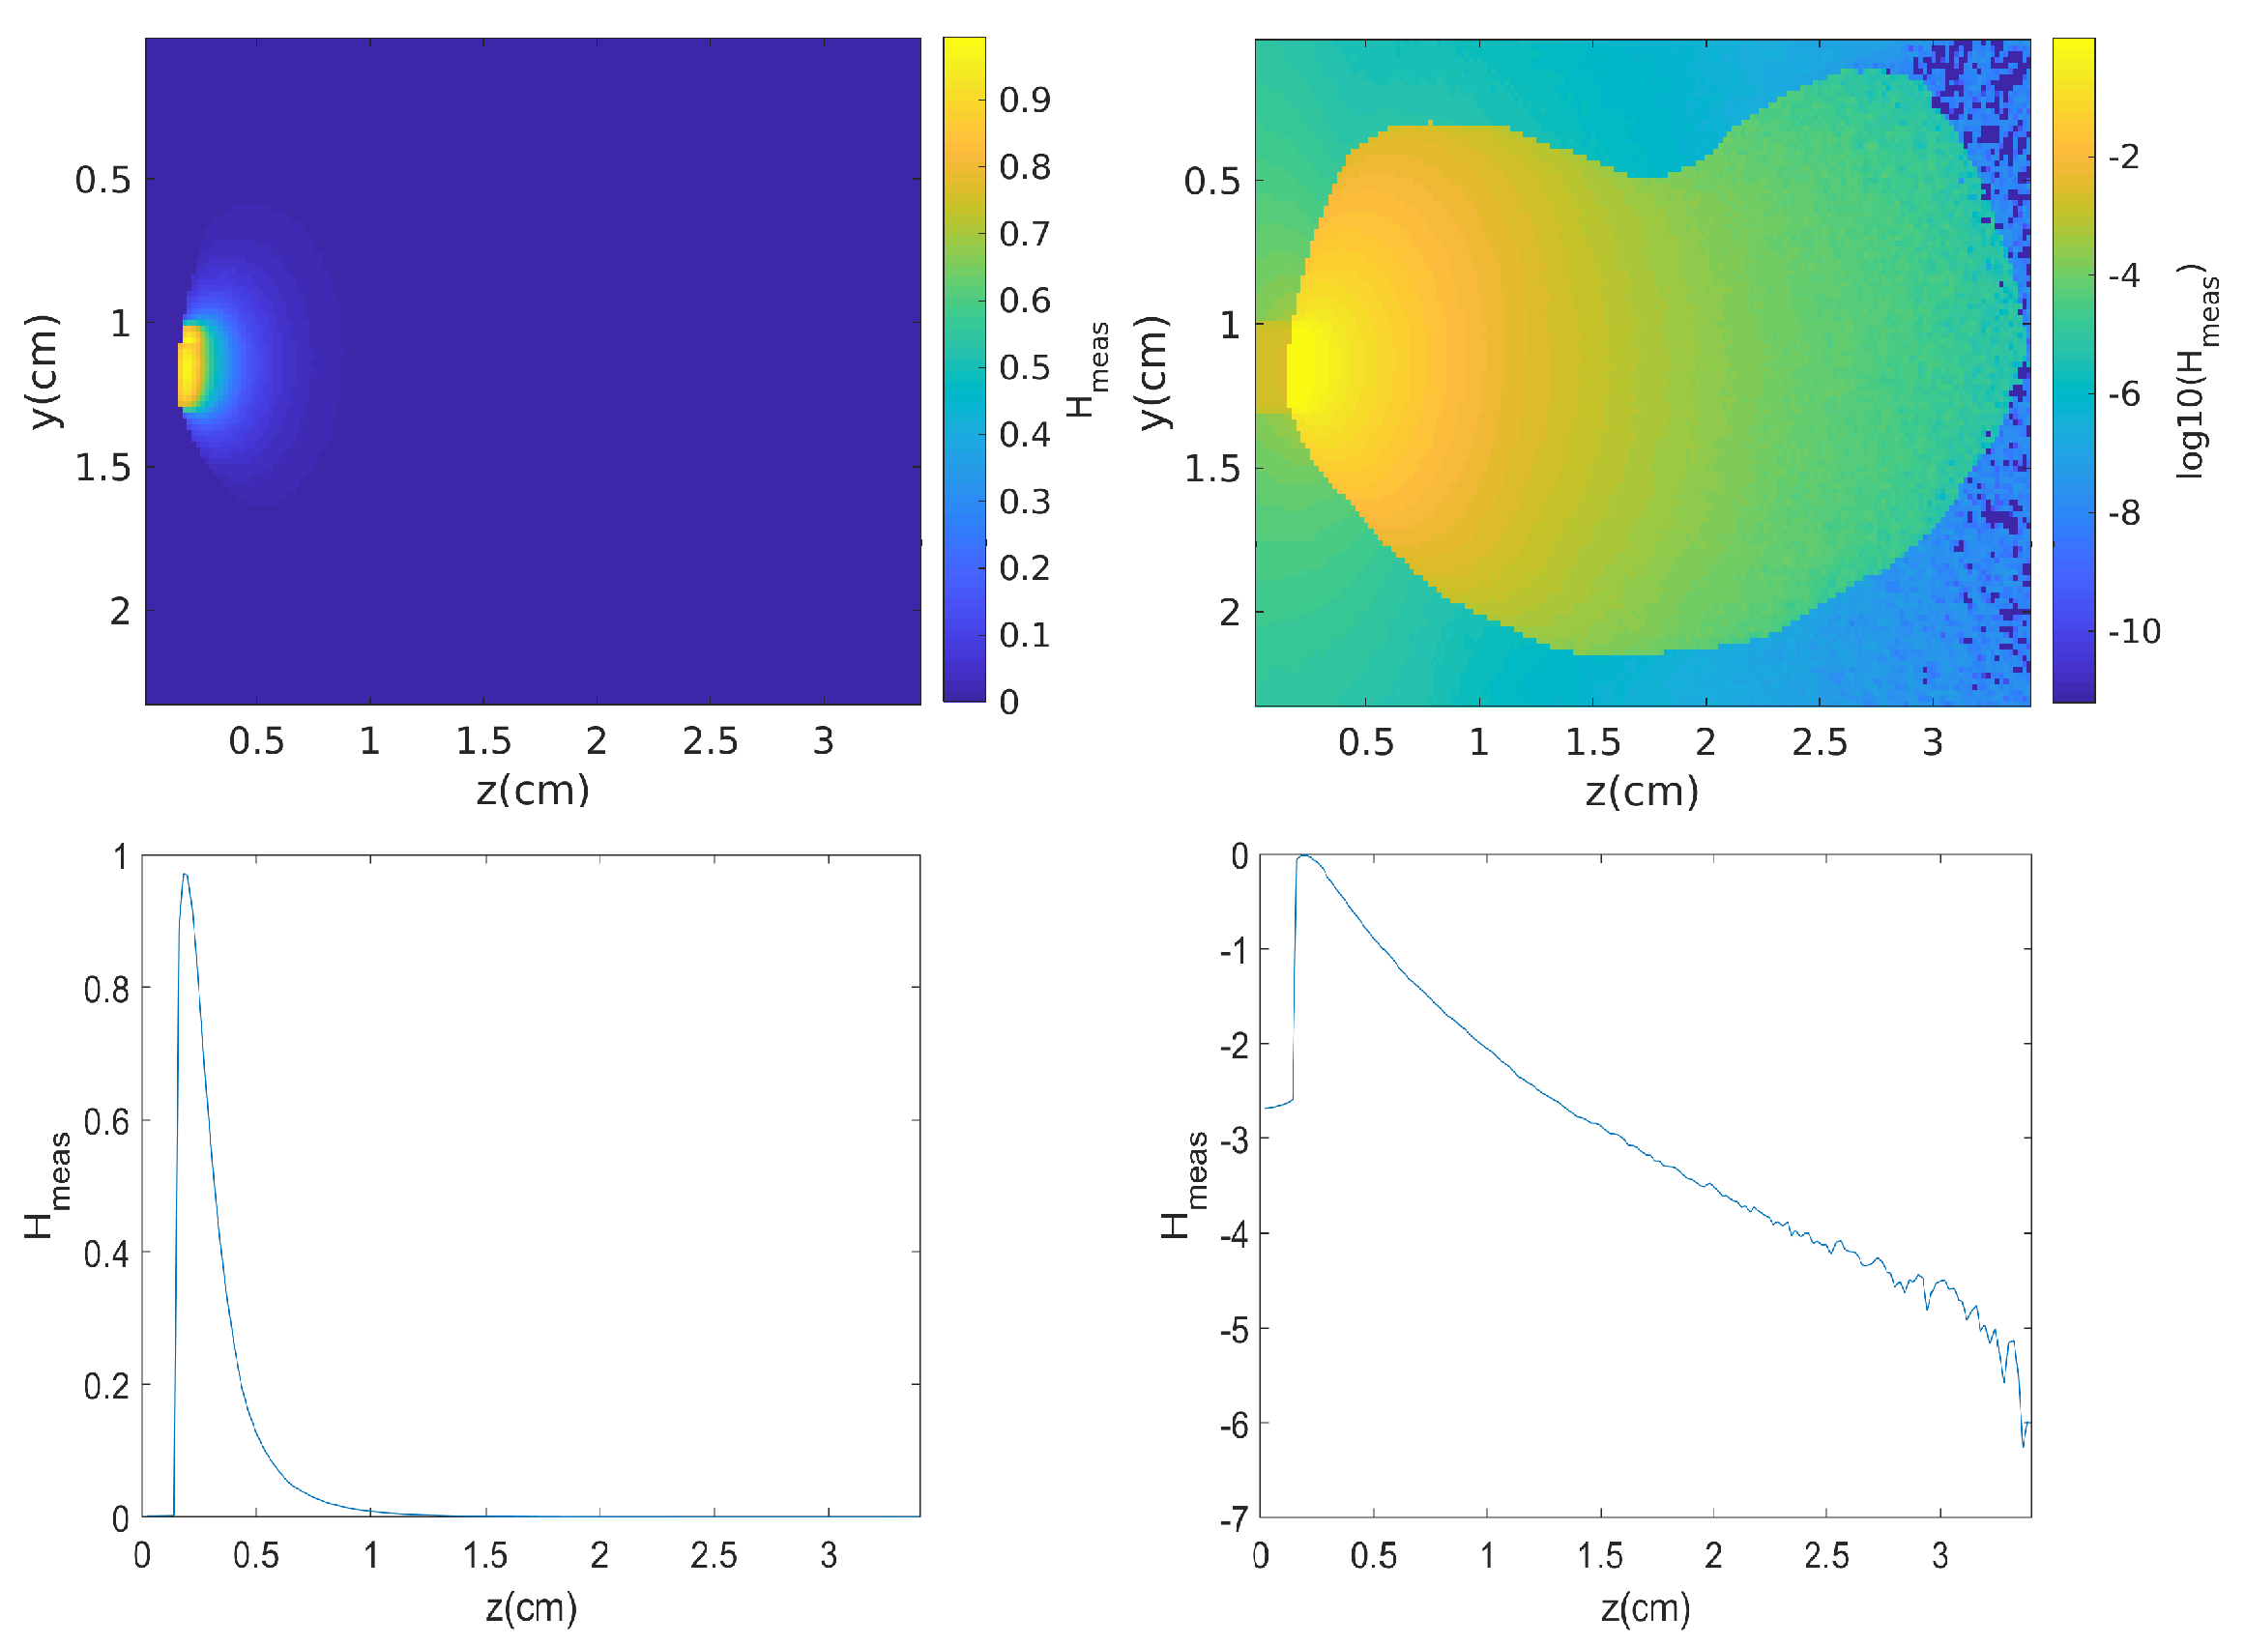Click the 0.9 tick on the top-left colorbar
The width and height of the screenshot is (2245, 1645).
tap(1025, 100)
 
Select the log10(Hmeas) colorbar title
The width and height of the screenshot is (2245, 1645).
tap(2197, 370)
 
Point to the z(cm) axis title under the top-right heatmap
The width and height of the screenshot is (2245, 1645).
tap(1642, 792)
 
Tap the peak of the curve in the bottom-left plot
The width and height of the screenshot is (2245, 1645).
tap(185, 876)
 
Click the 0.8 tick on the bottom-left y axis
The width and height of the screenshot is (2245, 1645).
tap(106, 989)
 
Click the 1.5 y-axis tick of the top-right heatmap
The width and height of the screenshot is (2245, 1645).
tap(1211, 469)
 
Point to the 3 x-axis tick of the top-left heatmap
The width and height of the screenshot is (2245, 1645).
tap(823, 741)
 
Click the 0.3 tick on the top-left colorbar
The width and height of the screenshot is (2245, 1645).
tap(1025, 502)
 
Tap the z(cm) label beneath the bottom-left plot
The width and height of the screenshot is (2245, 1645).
tap(531, 1608)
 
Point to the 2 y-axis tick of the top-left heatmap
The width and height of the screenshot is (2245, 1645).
tap(120, 612)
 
